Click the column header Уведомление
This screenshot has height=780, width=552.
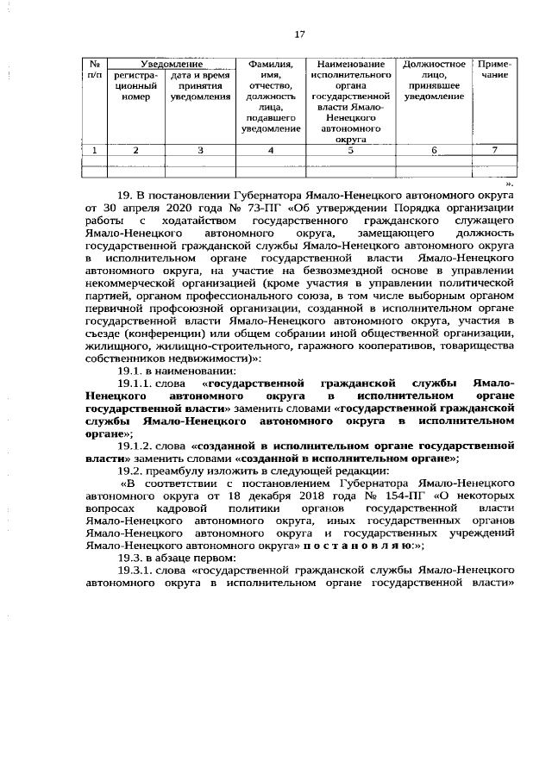[171, 64]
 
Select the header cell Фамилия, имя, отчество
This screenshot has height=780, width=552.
[271, 96]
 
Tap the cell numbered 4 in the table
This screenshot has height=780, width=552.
[271, 150]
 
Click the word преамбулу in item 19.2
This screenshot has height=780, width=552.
[186, 472]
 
